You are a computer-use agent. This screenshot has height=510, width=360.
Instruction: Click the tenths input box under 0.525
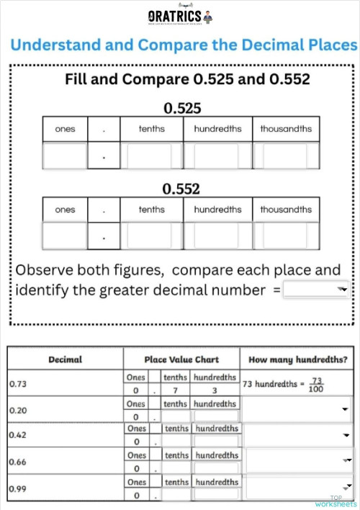(151, 156)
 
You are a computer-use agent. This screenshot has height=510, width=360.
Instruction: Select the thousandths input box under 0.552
(286, 236)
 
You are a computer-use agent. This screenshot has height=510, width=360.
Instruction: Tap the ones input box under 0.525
(65, 156)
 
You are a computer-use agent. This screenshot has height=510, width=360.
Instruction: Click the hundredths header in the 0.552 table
(217, 210)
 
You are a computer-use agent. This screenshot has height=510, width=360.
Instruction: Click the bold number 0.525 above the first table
(181, 109)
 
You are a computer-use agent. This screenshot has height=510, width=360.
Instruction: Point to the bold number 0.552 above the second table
(181, 189)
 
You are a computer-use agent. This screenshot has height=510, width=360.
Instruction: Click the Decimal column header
(65, 359)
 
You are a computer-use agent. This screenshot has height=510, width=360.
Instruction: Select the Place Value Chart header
(181, 359)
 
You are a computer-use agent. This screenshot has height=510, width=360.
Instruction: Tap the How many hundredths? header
(297, 359)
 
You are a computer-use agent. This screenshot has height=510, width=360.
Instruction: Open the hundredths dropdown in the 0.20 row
(298, 408)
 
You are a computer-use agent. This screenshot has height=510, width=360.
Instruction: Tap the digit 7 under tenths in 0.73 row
(175, 390)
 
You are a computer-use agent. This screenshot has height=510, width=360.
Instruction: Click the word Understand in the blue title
(55, 45)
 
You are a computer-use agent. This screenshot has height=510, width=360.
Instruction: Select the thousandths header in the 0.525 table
(286, 129)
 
